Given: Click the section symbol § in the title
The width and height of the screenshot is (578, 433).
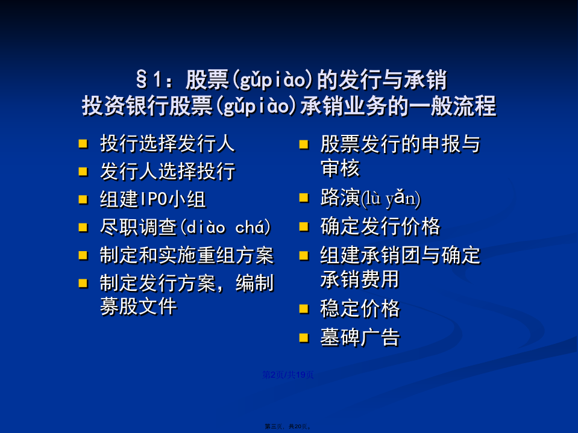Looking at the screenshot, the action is click(x=142, y=79).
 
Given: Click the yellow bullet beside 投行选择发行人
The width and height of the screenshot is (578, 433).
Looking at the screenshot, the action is click(x=83, y=143).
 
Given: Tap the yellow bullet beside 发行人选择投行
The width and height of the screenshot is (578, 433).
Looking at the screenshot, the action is click(x=83, y=172).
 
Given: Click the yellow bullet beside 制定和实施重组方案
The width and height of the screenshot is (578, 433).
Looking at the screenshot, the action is click(x=83, y=255).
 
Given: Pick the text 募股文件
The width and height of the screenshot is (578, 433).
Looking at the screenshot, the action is click(x=139, y=307).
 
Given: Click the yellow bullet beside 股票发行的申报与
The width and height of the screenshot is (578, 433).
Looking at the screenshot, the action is click(x=304, y=145).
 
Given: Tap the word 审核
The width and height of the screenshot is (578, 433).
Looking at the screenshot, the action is click(x=340, y=169).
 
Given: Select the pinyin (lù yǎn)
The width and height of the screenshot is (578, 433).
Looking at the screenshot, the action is click(x=390, y=198).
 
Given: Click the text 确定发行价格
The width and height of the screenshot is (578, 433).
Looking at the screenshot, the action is click(x=380, y=226).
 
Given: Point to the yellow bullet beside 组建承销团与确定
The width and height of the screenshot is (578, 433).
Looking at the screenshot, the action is click(x=304, y=255).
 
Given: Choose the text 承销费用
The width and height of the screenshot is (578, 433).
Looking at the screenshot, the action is click(x=360, y=279).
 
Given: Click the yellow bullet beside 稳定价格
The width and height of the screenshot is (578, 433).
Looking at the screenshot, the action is click(x=304, y=308).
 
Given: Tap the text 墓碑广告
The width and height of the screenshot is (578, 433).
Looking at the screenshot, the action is click(x=360, y=337).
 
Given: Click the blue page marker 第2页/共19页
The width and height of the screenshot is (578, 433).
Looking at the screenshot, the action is click(x=288, y=375).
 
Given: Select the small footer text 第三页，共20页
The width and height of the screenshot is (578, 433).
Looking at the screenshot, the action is click(x=288, y=426).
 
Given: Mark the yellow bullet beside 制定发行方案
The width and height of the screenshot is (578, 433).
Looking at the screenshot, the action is click(x=83, y=283).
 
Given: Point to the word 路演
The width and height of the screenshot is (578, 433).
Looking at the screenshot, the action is click(x=340, y=198).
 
